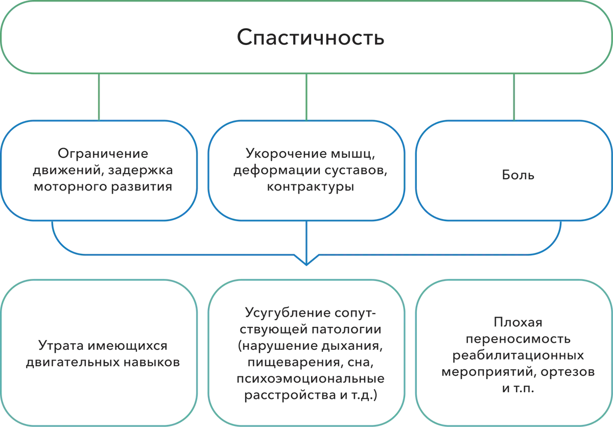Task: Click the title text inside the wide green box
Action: point(310,39)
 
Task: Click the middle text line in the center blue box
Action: point(306,169)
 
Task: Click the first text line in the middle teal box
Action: point(310,310)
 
